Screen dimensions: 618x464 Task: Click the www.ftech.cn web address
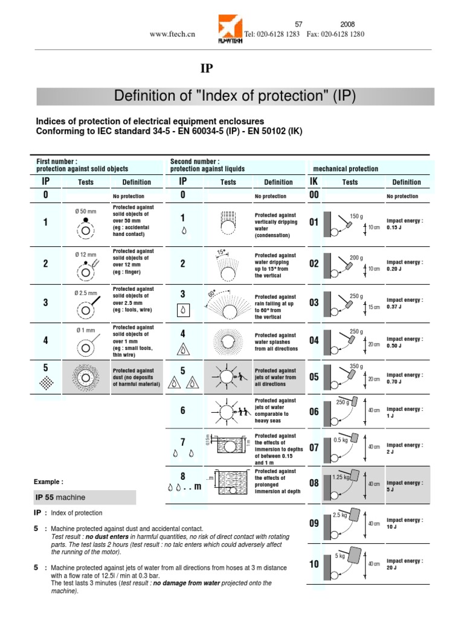click(172, 34)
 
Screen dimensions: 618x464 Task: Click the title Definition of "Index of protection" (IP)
click(235, 97)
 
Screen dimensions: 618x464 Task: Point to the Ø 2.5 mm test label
click(86, 293)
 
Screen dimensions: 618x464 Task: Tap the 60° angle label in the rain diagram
click(211, 293)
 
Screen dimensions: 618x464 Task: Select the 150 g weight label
click(356, 216)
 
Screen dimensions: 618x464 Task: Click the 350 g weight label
click(356, 366)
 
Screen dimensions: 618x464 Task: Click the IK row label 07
click(314, 447)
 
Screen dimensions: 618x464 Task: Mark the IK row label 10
click(314, 564)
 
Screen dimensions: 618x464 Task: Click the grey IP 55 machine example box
click(86, 497)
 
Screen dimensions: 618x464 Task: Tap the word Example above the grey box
click(48, 482)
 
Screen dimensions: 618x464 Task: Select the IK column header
click(314, 182)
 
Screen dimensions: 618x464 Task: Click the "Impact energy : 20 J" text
click(405, 564)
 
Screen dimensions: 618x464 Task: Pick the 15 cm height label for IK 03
click(375, 307)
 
